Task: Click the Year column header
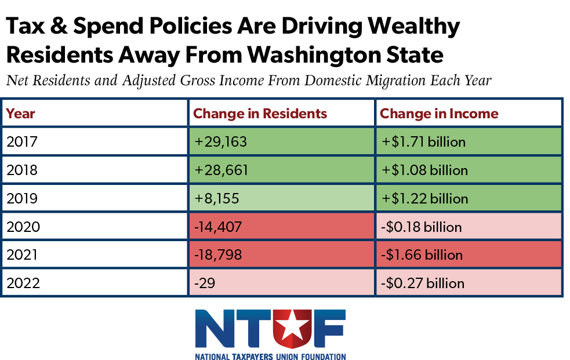click(x=20, y=114)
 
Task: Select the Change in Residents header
click(x=260, y=114)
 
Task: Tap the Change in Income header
click(x=439, y=114)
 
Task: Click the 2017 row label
click(x=22, y=141)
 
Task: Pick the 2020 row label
click(x=23, y=227)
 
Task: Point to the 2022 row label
click(x=23, y=283)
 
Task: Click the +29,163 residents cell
click(x=282, y=141)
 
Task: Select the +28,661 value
click(x=221, y=170)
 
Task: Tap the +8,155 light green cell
click(x=282, y=198)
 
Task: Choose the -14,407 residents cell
click(x=282, y=226)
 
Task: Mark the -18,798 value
click(x=218, y=254)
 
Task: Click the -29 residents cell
click(x=282, y=283)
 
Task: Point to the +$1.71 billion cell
click(x=469, y=141)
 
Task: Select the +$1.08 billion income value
click(x=424, y=170)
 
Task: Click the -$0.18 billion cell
click(x=469, y=226)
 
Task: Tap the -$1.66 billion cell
click(x=469, y=254)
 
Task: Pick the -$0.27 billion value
click(x=422, y=283)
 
